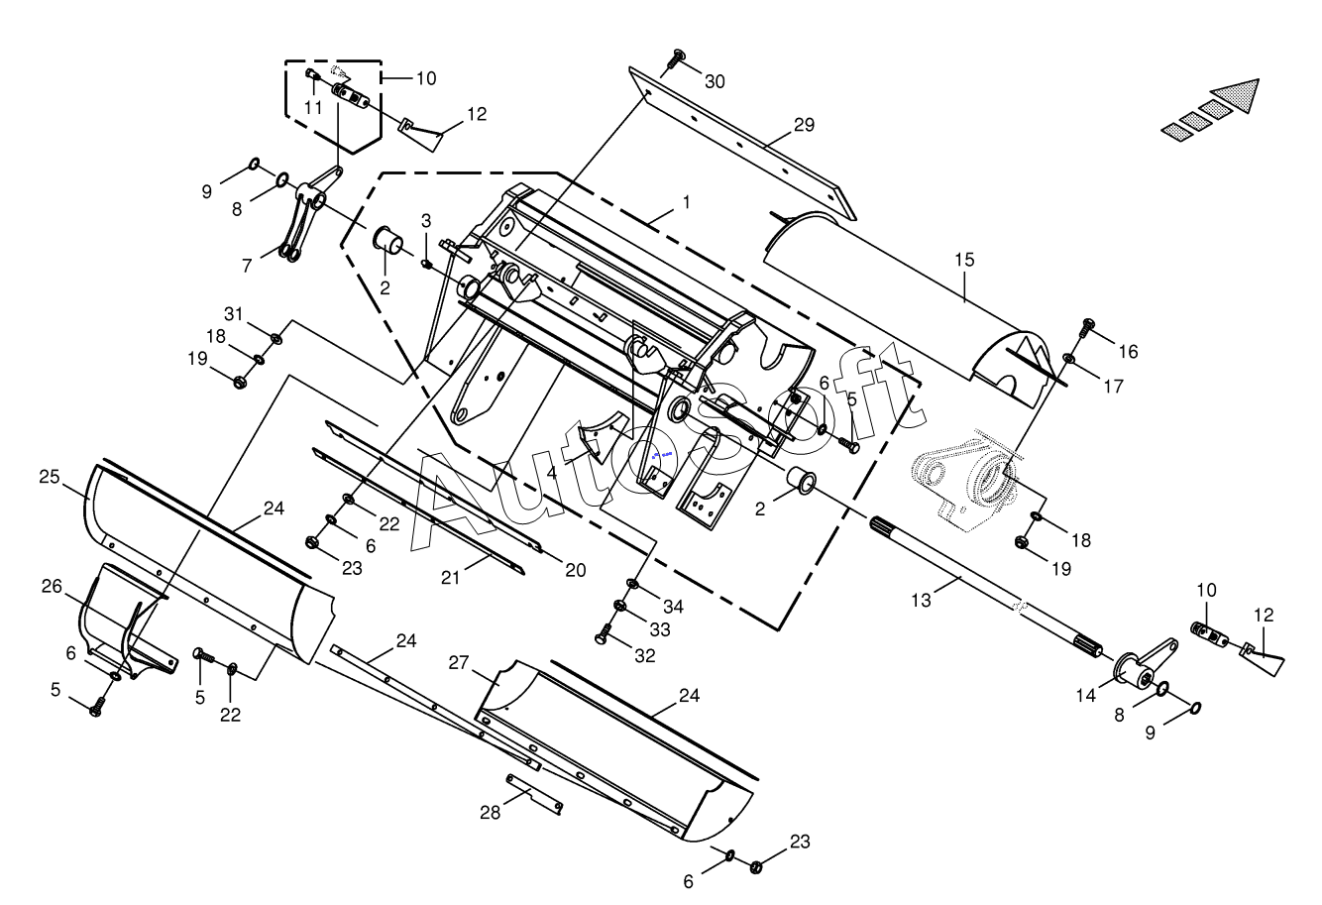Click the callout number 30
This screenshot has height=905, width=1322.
pyautogui.click(x=715, y=82)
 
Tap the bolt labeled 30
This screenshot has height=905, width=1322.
pyautogui.click(x=674, y=62)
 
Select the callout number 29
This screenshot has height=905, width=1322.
pyautogui.click(x=804, y=125)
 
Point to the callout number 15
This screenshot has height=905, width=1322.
pyautogui.click(x=964, y=260)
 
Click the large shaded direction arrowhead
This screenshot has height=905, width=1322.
pyautogui.click(x=1237, y=95)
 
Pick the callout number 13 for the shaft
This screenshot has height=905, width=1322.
pyautogui.click(x=921, y=601)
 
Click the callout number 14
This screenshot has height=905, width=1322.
pyautogui.click(x=1085, y=696)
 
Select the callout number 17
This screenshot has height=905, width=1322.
pyautogui.click(x=1114, y=387)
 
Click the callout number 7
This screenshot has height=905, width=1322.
pyautogui.click(x=247, y=266)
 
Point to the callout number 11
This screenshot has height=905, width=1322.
pyautogui.click(x=313, y=108)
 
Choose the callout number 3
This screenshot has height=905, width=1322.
pyautogui.click(x=426, y=221)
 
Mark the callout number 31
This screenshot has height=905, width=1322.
pyautogui.click(x=234, y=314)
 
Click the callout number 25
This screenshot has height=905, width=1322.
pyautogui.click(x=50, y=477)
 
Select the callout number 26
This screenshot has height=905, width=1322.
pyautogui.click(x=52, y=586)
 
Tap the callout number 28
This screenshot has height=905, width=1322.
pyautogui.click(x=490, y=813)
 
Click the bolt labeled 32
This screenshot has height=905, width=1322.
pyautogui.click(x=603, y=634)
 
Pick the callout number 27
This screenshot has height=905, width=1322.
pyautogui.click(x=459, y=663)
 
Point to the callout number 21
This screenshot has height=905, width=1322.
pyautogui.click(x=450, y=577)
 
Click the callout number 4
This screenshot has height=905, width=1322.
pyautogui.click(x=552, y=474)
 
